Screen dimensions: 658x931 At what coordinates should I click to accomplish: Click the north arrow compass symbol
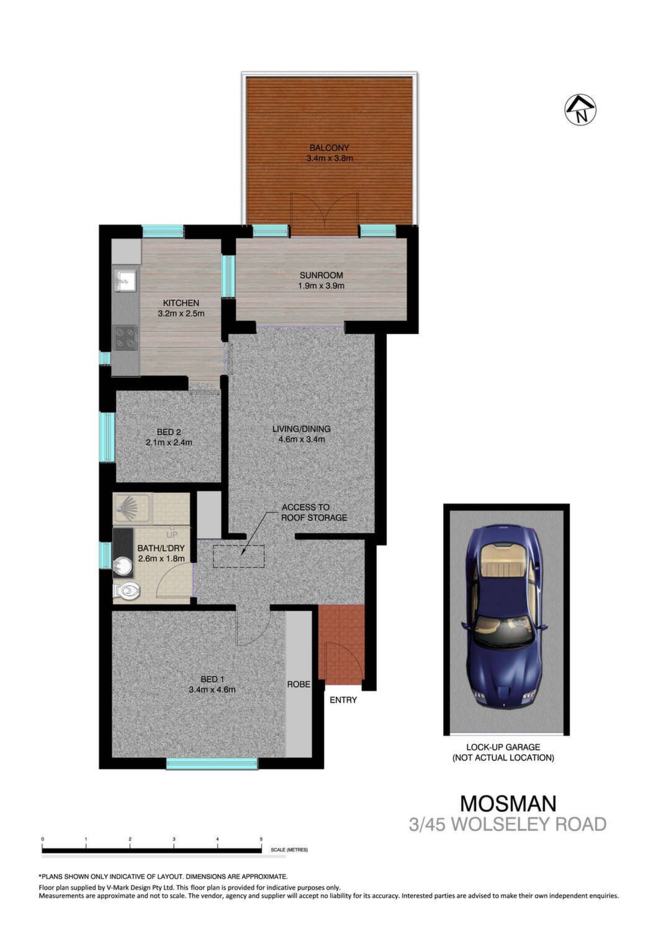[x=580, y=109]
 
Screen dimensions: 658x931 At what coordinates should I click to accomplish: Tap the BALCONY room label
[x=329, y=148]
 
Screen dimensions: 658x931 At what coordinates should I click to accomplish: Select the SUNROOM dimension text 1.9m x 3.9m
[x=321, y=286]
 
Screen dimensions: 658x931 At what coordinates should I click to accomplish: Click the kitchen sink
[x=125, y=280]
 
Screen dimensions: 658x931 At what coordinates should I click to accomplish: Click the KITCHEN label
[x=181, y=303]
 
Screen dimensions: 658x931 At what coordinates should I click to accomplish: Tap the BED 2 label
[x=169, y=432]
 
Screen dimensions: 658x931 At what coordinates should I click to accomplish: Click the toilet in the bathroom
[x=127, y=590]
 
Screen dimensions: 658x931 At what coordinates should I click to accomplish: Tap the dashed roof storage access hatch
[x=238, y=557]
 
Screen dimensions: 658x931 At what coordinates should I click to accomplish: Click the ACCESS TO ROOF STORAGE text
[x=314, y=513]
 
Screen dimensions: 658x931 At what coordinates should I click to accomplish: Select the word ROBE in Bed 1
[x=299, y=684]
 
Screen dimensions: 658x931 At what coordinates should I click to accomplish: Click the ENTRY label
[x=343, y=700]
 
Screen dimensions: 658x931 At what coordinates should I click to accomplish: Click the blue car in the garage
[x=505, y=620]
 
